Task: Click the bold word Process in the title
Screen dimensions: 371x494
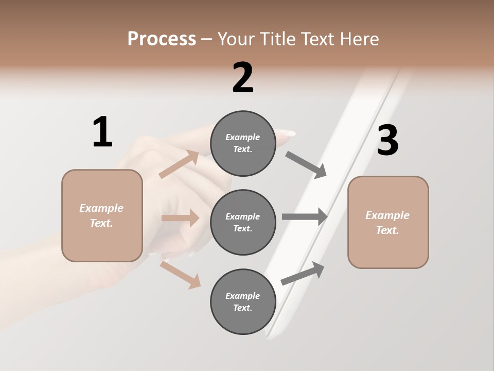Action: click(x=162, y=39)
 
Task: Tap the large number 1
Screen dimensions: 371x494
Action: click(x=102, y=132)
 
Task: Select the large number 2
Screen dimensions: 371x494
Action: click(x=243, y=78)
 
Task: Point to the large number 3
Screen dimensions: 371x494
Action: click(x=388, y=141)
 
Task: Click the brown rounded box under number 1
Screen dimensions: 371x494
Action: click(x=102, y=215)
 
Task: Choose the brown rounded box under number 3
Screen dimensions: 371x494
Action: click(x=388, y=222)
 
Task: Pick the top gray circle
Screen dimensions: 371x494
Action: click(x=243, y=143)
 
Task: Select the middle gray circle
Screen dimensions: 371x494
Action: click(x=243, y=222)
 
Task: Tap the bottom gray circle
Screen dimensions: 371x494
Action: click(x=243, y=301)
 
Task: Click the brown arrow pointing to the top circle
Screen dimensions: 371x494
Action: click(x=179, y=164)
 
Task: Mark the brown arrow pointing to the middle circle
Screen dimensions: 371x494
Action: click(x=180, y=218)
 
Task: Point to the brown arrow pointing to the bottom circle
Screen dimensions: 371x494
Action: click(x=181, y=275)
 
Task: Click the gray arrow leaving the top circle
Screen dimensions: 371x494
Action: click(x=306, y=165)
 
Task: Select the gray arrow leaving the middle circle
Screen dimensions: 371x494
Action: click(x=304, y=216)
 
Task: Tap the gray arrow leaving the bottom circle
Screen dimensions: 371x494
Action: click(x=303, y=274)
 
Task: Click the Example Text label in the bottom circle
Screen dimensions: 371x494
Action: click(x=243, y=301)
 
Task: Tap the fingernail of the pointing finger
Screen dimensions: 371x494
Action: click(x=286, y=133)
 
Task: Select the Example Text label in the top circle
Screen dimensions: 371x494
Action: click(x=243, y=143)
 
